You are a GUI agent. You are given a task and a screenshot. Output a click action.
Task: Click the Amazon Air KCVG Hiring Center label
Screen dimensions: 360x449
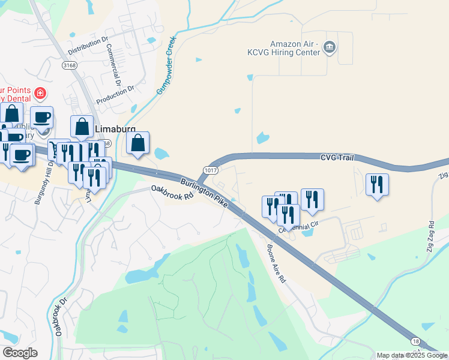click(x=292, y=48)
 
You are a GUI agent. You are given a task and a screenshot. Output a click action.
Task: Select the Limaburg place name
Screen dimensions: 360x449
click(x=115, y=129)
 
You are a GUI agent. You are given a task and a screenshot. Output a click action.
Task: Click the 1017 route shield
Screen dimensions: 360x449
click(x=210, y=170)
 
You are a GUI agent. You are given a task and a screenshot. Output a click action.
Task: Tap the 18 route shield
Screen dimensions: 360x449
click(x=415, y=340)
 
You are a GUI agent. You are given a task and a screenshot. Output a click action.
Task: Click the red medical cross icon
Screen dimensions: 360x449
click(x=40, y=93)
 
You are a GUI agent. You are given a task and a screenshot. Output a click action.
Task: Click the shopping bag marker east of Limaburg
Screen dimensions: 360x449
click(x=138, y=144)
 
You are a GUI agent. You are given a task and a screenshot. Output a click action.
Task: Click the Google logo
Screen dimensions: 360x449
click(x=20, y=353)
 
